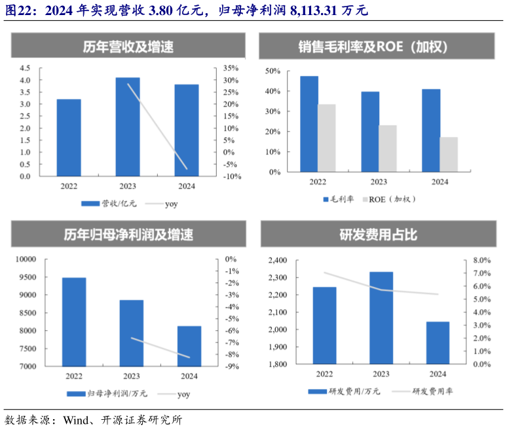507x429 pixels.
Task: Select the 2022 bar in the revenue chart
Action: (69, 138)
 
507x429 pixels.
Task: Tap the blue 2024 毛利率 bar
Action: (431, 130)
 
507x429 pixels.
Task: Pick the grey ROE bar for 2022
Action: (326, 138)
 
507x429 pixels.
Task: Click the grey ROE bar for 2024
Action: (449, 155)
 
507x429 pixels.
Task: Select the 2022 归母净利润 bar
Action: (74, 322)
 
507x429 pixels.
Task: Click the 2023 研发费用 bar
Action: (381, 318)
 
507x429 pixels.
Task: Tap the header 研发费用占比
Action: (378, 234)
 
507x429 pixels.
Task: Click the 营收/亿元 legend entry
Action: (108, 204)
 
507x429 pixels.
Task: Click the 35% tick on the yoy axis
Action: (232, 68)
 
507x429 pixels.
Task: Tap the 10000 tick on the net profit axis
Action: (26, 259)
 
